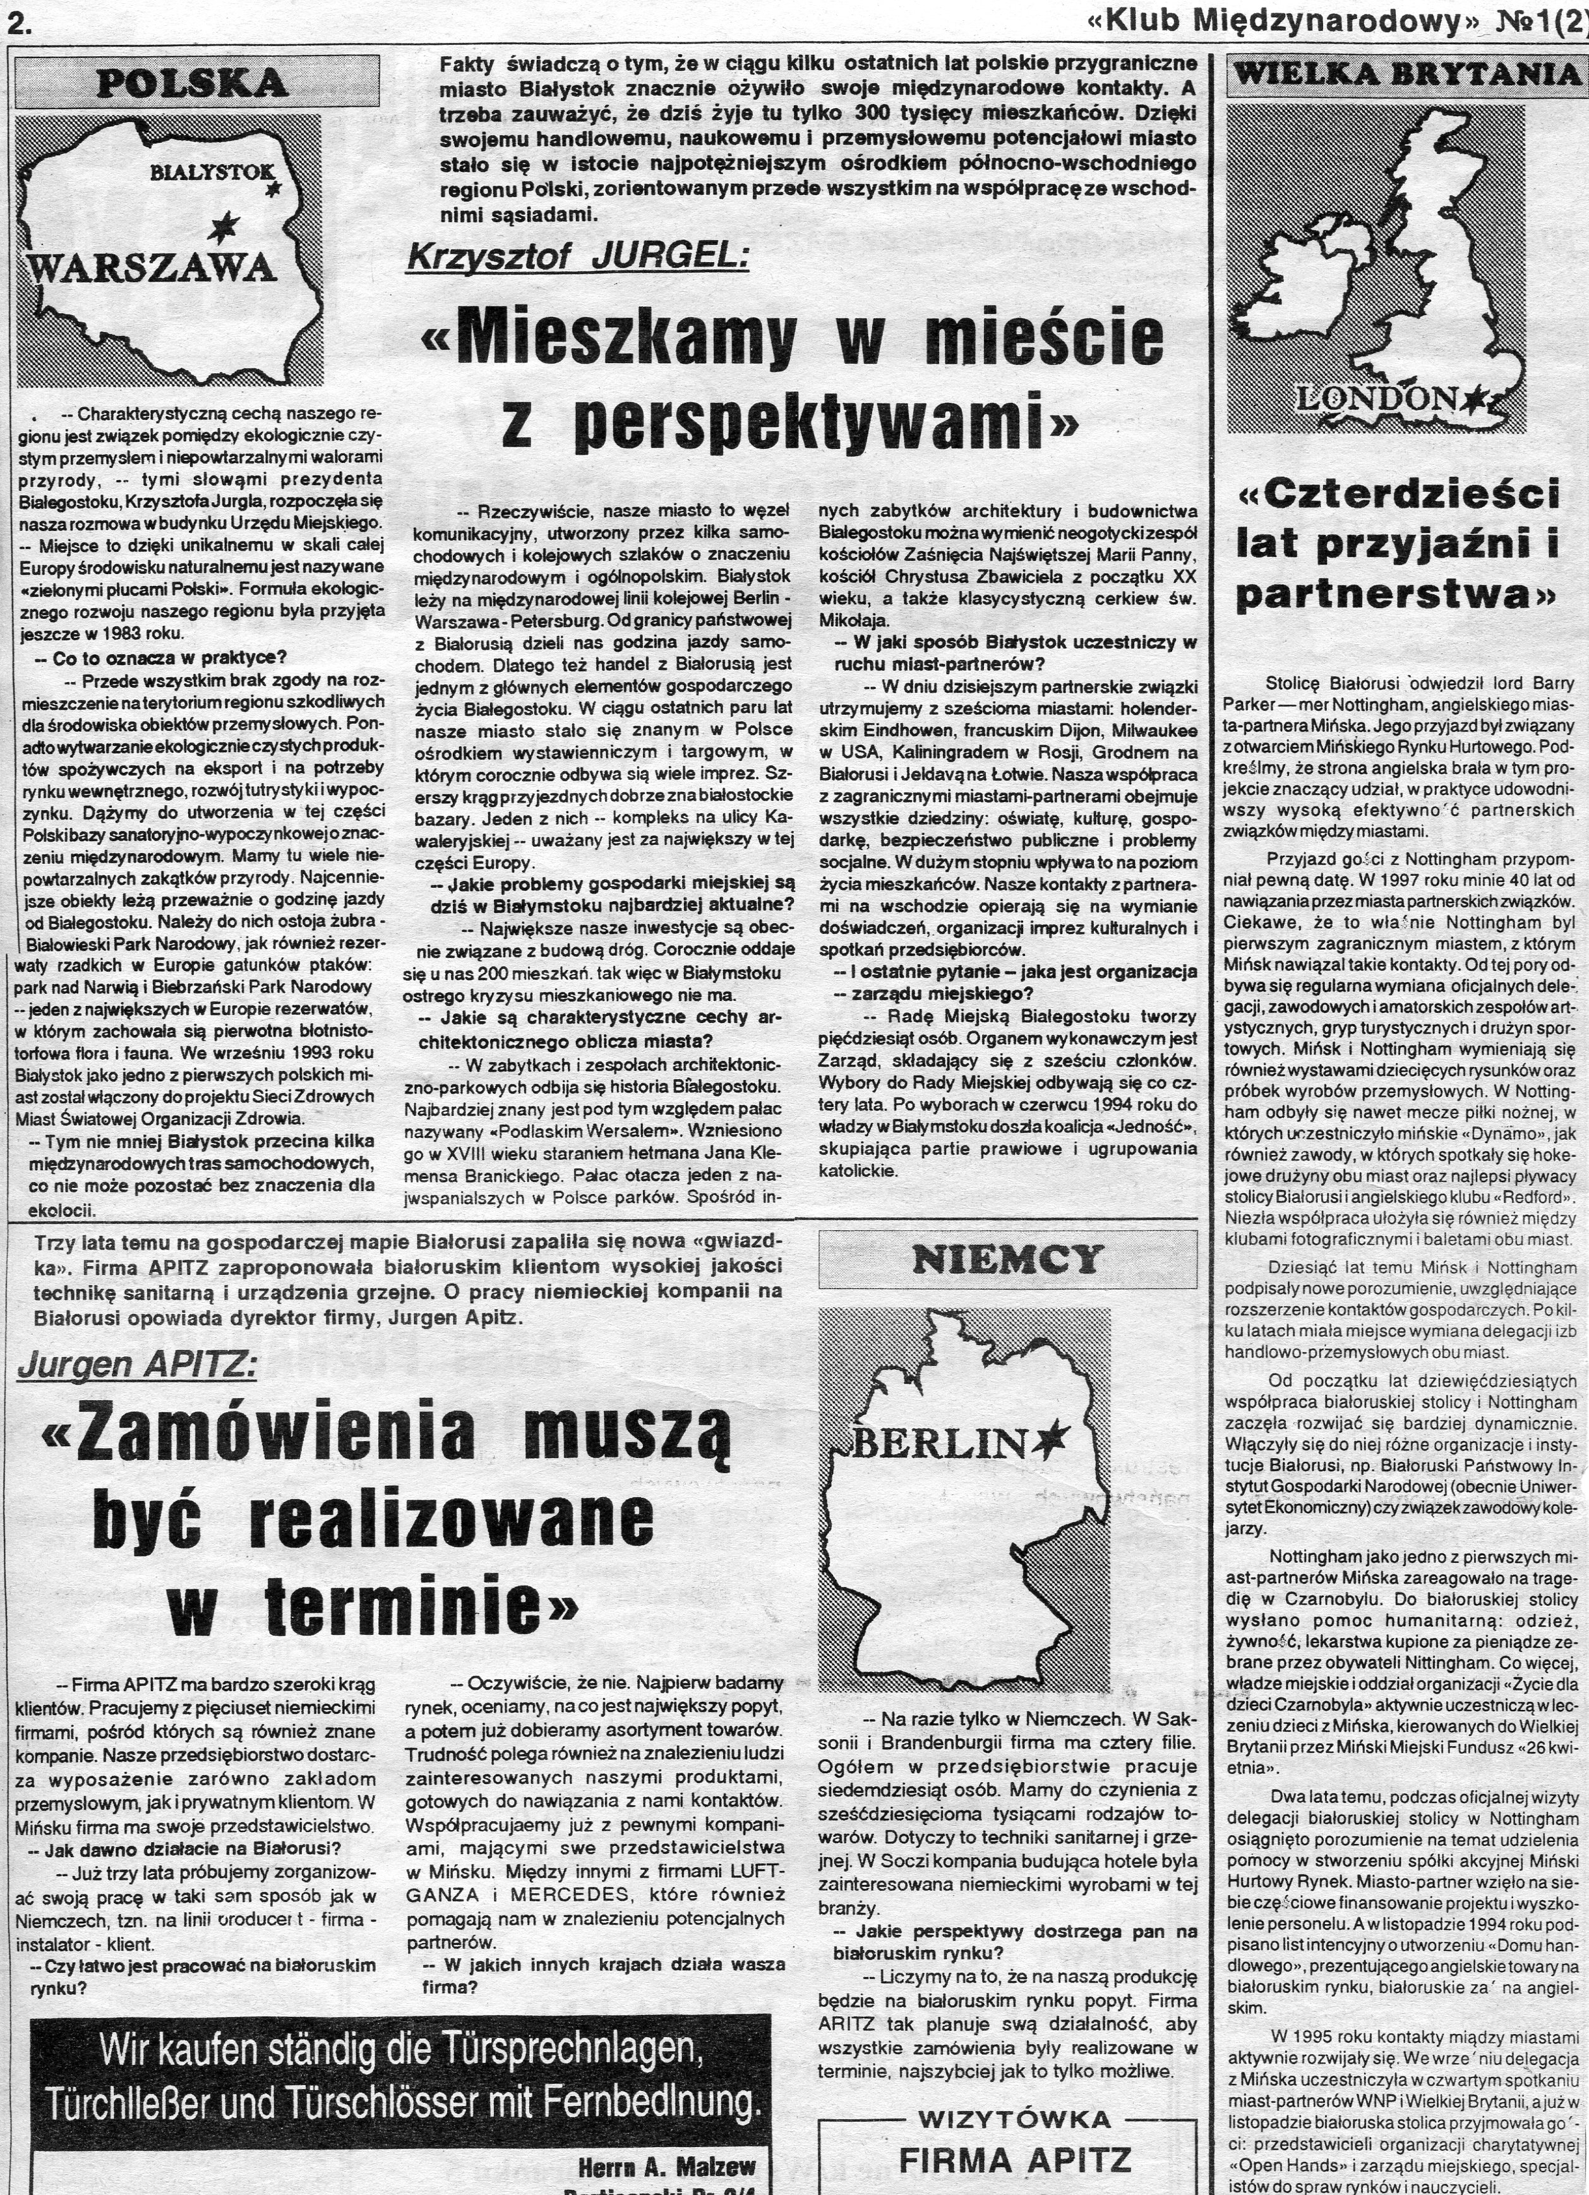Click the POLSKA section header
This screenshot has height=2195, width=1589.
click(x=193, y=82)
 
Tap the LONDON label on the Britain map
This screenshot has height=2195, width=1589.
click(x=1382, y=396)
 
